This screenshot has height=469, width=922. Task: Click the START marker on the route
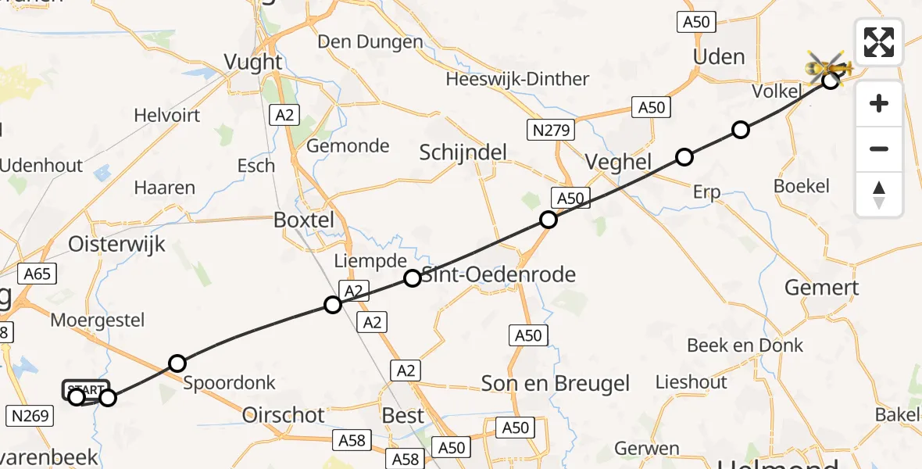click(85, 388)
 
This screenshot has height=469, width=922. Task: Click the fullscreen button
click(879, 42)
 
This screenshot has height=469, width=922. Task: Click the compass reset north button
click(879, 195)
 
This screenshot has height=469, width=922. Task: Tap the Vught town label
click(253, 62)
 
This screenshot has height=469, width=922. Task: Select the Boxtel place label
click(304, 220)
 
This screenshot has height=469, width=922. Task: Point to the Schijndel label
click(463, 152)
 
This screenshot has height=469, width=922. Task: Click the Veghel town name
click(619, 162)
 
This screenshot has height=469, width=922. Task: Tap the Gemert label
click(821, 288)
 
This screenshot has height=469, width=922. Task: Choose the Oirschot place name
click(283, 415)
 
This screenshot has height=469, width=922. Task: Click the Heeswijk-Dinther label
click(517, 80)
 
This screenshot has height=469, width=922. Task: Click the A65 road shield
click(37, 274)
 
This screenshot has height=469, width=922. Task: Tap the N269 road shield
click(30, 415)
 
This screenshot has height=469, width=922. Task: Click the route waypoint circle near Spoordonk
click(177, 363)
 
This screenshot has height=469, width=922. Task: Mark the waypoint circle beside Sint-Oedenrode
click(413, 277)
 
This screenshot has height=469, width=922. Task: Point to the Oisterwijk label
click(117, 244)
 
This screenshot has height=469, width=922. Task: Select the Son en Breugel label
click(556, 384)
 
